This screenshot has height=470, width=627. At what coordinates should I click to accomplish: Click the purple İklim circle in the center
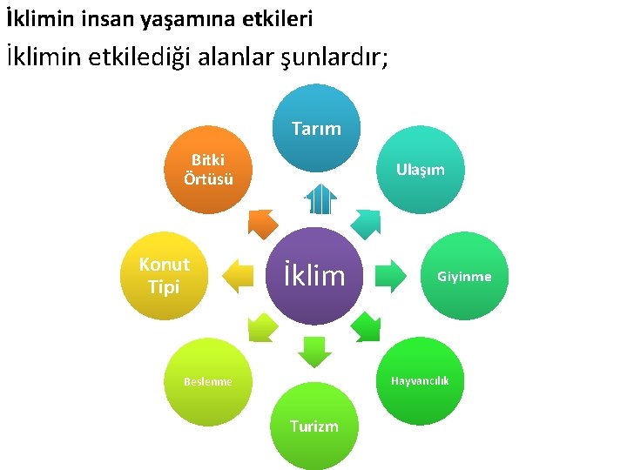(313, 277)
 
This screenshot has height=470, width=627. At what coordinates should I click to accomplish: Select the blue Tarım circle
(315, 128)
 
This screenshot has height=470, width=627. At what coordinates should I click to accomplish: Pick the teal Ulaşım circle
(421, 169)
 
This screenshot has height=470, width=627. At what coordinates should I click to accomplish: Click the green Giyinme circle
(464, 276)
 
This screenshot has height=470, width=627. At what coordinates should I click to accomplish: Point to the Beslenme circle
(208, 381)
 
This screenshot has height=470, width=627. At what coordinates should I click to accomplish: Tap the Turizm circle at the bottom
(313, 425)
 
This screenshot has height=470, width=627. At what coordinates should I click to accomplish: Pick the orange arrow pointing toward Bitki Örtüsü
(260, 223)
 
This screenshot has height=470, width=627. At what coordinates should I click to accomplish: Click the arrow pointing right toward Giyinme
(390, 276)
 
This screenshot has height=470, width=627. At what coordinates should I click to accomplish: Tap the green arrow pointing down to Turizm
(313, 352)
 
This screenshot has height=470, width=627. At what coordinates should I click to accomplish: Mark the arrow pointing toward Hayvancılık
(367, 328)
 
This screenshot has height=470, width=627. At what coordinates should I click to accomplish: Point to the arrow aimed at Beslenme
(260, 329)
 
